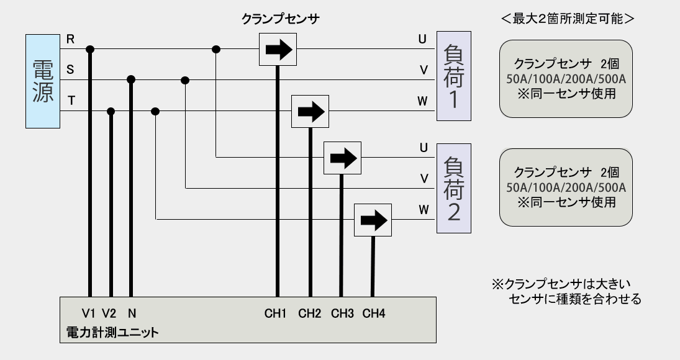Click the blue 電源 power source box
(43, 81)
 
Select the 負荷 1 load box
(453, 76)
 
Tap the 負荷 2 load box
(453, 188)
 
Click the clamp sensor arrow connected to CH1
(278, 50)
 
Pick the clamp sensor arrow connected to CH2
(310, 112)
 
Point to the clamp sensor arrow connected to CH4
(373, 220)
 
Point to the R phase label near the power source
(70, 39)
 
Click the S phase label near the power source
(70, 70)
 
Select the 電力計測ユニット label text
(112, 333)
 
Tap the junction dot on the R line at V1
(90, 49)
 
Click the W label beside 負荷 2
(423, 209)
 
